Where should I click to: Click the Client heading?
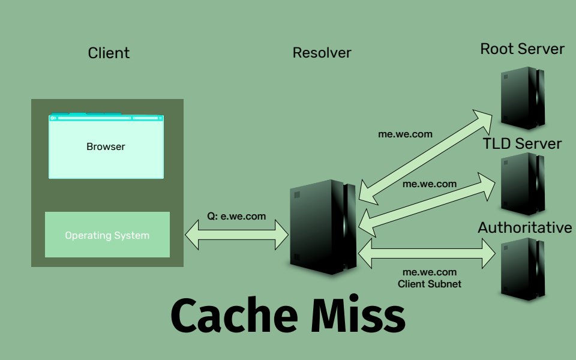coord(109,53)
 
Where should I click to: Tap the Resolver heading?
coord(322,53)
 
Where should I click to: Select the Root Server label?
coord(522,49)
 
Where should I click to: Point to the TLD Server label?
coord(522,143)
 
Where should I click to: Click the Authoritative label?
coord(525,228)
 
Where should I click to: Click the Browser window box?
coord(106,146)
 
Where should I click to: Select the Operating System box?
coord(107,235)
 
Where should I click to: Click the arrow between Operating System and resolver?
coord(237,233)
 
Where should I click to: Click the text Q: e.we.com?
coord(236,217)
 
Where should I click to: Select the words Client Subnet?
coord(430,284)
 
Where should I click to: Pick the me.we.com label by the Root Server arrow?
coord(405,134)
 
